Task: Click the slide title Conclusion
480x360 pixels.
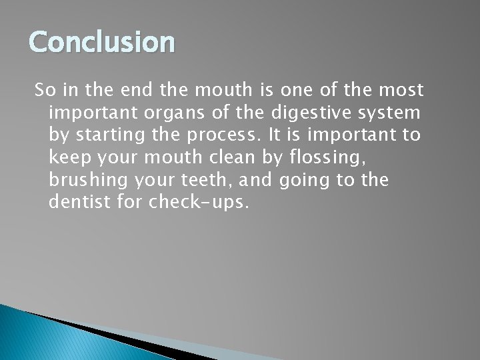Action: click(101, 42)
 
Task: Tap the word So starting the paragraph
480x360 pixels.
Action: click(43, 89)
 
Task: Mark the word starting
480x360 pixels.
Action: click(105, 135)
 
